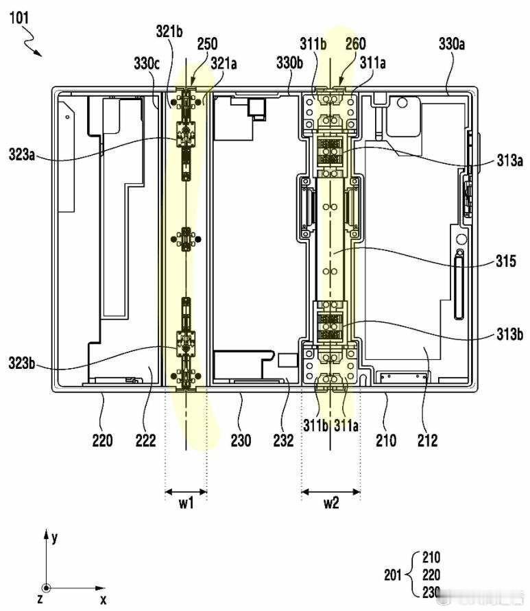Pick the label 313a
509,161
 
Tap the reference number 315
509,261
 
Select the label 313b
509,335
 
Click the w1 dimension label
186,503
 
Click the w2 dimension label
331,503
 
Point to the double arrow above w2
331,491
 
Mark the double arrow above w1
186,491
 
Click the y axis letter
54,537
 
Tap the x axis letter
104,599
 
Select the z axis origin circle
46,588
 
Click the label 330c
146,64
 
